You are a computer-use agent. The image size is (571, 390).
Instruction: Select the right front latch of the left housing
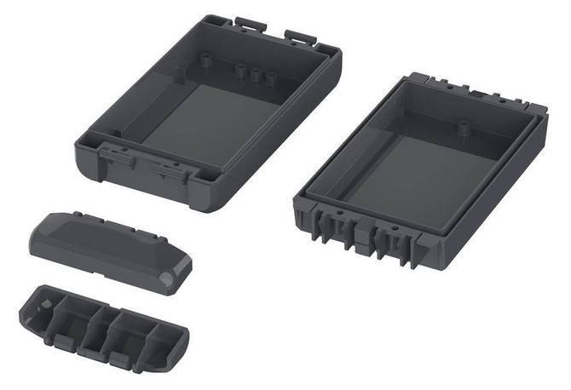tap(170, 168)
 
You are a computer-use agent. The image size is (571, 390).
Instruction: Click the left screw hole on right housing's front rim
tap(338, 207)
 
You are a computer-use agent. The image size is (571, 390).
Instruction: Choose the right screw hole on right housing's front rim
tap(398, 231)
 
